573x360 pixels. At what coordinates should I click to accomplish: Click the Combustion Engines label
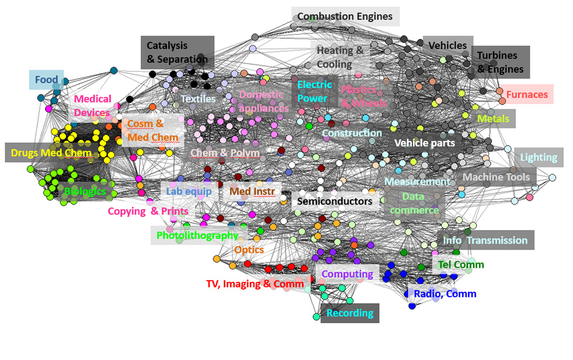point(345,16)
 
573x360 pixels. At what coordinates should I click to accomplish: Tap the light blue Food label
point(46,80)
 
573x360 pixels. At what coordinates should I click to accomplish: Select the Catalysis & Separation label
point(177,52)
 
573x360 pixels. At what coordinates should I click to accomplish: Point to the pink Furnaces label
point(527,95)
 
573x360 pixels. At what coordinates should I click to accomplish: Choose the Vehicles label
point(447,45)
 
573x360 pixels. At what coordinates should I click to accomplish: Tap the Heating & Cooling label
point(340,58)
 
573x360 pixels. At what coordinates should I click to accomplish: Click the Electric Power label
point(314,92)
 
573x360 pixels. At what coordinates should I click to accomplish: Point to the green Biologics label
point(85,191)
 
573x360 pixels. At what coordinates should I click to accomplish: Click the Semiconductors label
point(335,201)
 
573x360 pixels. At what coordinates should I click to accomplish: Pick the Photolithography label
point(197,235)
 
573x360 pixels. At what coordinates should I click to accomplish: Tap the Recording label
point(350,313)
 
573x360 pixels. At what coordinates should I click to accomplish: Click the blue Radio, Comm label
point(444,294)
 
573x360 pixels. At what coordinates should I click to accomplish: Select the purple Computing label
point(348,274)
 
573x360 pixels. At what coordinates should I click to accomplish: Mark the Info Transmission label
point(485,240)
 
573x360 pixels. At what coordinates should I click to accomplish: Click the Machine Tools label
point(496,177)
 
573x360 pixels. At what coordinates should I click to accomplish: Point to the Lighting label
point(538,157)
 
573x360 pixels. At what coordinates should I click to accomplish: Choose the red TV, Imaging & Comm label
point(255,284)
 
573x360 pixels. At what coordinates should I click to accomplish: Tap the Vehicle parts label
point(424,143)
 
